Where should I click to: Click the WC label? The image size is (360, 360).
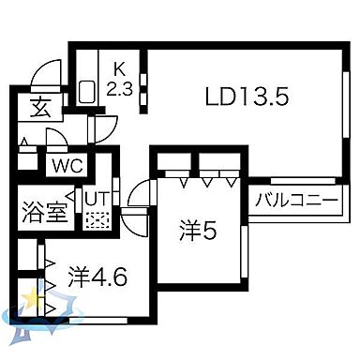[x=67, y=166]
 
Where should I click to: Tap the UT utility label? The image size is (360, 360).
[x=97, y=199]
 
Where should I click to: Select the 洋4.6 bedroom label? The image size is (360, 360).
[x=97, y=277]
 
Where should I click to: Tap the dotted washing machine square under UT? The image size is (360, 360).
[x=97, y=221]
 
